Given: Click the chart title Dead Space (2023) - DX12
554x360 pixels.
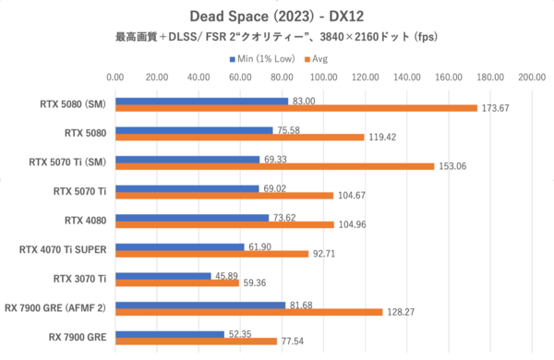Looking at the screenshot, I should coord(277,16).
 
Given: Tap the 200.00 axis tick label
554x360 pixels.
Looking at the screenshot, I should coord(532,78).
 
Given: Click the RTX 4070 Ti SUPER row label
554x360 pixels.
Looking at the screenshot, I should coord(64,249).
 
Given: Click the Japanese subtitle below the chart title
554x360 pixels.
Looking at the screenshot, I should coord(277,38).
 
